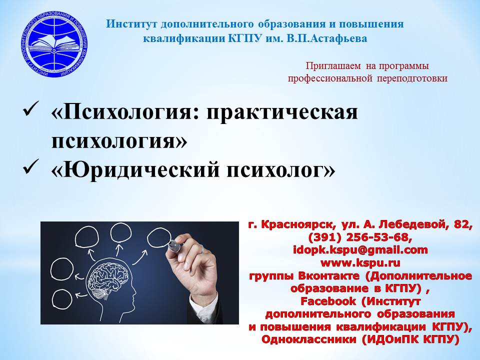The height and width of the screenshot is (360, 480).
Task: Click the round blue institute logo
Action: click(x=54, y=44)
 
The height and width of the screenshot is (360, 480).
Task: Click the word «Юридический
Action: click(x=135, y=170)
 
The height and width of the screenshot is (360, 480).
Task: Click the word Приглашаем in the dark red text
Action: click(x=333, y=66)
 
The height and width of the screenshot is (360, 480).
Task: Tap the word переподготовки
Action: click(x=412, y=78)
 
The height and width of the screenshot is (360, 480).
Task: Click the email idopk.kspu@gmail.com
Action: click(x=360, y=250)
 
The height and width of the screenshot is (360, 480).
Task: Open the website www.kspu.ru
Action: click(x=360, y=263)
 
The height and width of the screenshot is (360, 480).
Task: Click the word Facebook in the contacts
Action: click(x=328, y=301)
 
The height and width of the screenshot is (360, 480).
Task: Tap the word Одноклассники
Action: click(x=309, y=339)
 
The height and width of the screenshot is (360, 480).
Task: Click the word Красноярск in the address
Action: click(x=297, y=225)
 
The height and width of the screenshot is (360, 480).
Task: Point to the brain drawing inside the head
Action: click(x=107, y=277)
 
